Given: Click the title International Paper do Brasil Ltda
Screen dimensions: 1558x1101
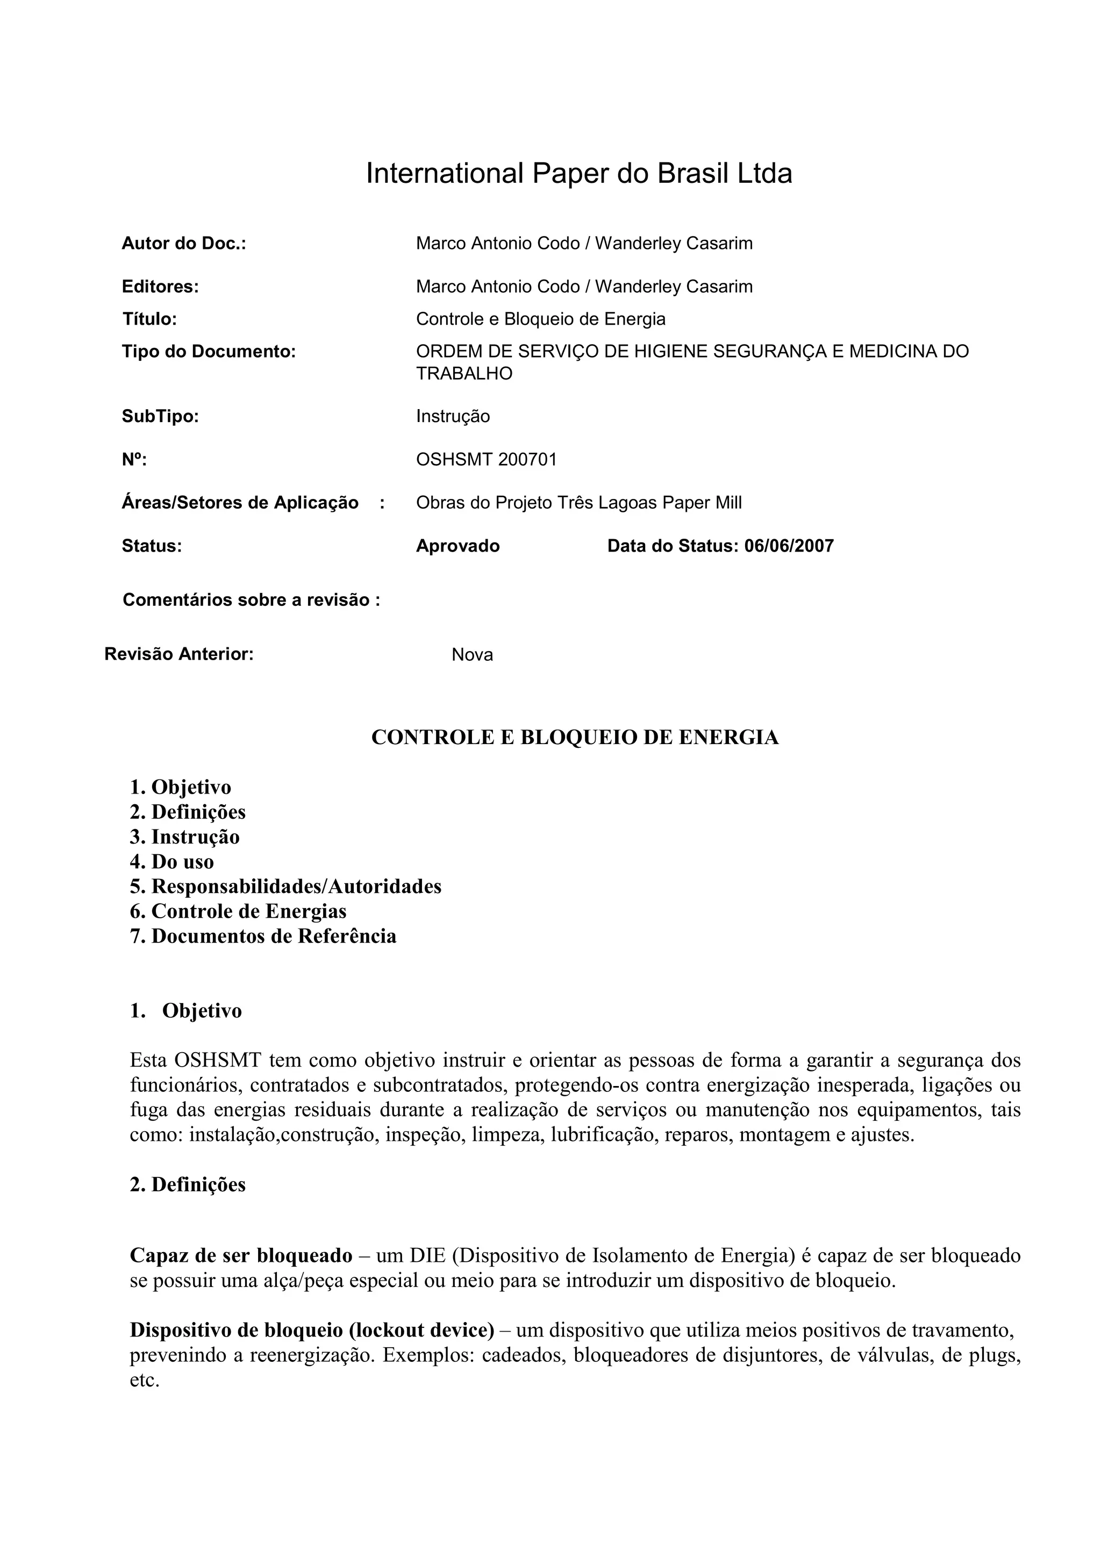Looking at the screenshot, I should click(x=578, y=174).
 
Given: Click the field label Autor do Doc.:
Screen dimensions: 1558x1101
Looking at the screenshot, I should click(x=183, y=244).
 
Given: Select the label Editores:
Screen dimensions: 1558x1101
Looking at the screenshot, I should click(x=160, y=287).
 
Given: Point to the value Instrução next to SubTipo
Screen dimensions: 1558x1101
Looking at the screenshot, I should click(x=453, y=417).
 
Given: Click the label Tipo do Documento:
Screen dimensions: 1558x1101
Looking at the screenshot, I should click(x=208, y=352).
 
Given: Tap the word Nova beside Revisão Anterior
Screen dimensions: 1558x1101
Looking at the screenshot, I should click(x=472, y=655).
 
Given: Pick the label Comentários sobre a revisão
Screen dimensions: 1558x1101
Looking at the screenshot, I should click(x=251, y=601).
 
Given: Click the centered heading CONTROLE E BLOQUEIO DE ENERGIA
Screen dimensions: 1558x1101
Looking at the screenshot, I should click(x=575, y=738).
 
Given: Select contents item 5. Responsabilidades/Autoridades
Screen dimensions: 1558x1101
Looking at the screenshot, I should click(x=285, y=887).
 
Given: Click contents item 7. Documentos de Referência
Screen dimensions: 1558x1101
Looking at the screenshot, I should click(x=263, y=937).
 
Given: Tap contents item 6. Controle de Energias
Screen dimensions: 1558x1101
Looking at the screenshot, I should click(x=238, y=912).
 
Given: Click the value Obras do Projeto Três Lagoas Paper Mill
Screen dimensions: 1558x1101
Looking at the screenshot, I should click(x=578, y=503).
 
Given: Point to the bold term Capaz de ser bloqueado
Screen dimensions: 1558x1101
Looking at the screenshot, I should click(x=241, y=1256).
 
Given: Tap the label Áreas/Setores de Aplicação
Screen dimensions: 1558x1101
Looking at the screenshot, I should click(x=239, y=503).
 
